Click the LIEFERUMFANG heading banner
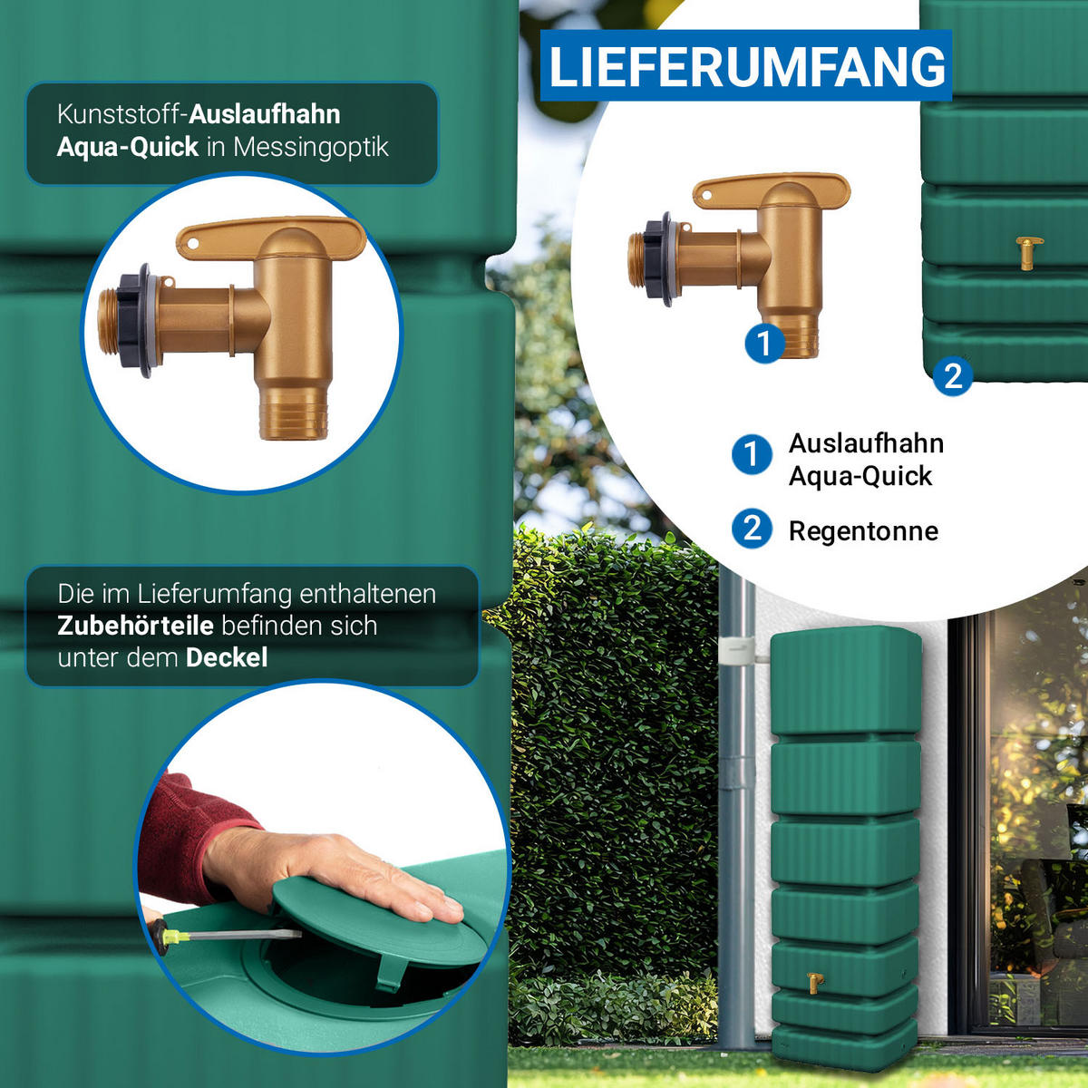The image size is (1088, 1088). click(746, 65)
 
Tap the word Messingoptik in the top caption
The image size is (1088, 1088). click(311, 148)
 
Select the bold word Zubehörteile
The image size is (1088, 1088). click(135, 626)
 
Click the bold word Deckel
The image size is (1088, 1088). click(227, 657)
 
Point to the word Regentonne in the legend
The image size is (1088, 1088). click(863, 531)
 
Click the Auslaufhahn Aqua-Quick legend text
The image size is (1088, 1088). click(866, 460)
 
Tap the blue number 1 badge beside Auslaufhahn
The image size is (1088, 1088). click(752, 453)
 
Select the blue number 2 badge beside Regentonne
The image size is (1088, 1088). click(752, 529)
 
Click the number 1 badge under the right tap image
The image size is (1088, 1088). click(764, 344)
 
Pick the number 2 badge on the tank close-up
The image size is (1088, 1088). click(953, 375)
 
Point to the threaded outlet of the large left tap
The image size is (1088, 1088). click(294, 413)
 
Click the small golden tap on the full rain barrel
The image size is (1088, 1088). click(814, 983)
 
